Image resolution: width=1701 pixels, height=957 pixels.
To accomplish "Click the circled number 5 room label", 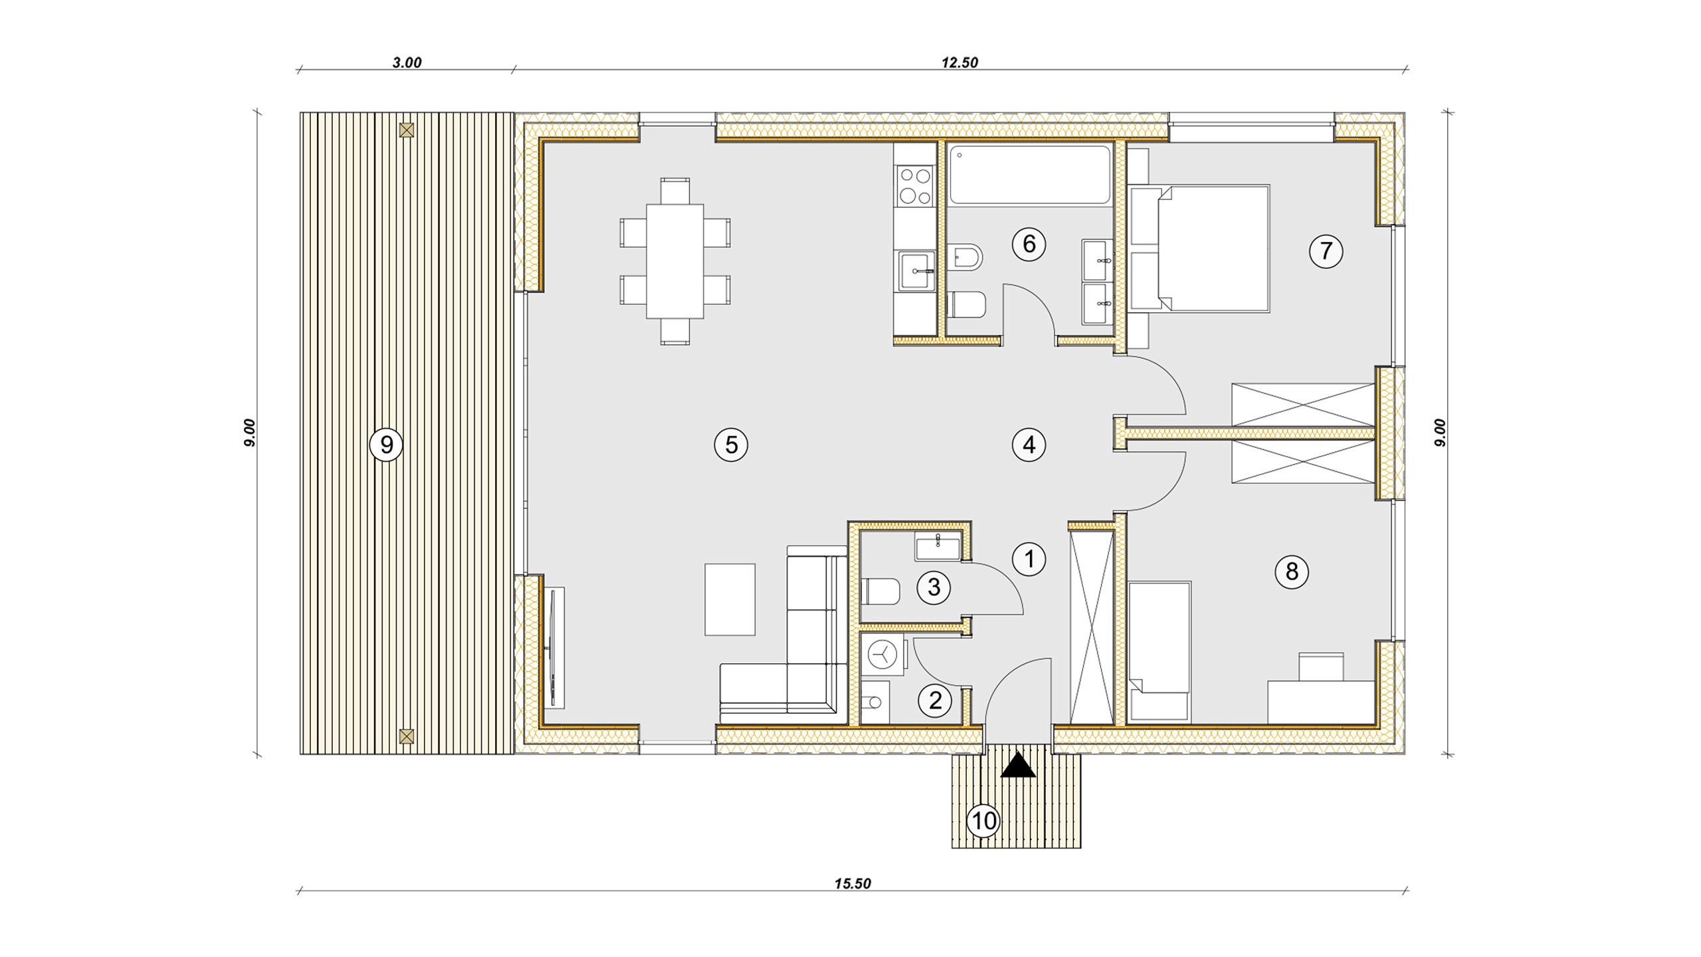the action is tap(731, 445).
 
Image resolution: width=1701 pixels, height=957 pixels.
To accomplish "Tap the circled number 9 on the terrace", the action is tap(386, 445).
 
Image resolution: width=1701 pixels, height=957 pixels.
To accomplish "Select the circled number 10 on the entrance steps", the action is tap(984, 821).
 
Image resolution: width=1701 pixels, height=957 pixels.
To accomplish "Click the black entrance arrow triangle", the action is tap(1018, 766).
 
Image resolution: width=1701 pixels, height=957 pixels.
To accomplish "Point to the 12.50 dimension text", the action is tap(959, 62).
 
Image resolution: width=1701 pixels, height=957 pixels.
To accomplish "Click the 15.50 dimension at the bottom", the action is tap(852, 884).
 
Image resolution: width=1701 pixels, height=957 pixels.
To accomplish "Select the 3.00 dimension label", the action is tap(407, 62).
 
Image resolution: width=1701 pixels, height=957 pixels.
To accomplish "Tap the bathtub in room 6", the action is tap(1029, 175).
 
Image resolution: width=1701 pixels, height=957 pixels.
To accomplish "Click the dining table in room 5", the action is tap(674, 261).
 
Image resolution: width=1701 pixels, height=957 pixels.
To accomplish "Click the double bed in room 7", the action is tap(1200, 249).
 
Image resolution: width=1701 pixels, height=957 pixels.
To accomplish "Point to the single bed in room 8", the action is tap(1159, 651).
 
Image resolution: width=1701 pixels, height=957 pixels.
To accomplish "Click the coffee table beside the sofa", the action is tap(730, 599).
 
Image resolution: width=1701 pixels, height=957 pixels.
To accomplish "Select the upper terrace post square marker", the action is tap(407, 130).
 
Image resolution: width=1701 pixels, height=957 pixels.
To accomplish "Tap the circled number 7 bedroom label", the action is tap(1326, 251).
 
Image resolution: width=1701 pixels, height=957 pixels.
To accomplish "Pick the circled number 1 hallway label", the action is tap(1029, 560).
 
